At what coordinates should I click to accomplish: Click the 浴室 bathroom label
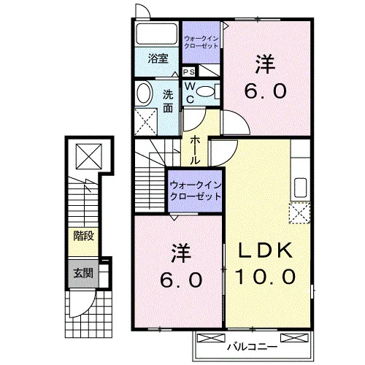158,58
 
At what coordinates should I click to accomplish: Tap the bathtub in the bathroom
157,34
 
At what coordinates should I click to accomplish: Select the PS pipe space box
189,72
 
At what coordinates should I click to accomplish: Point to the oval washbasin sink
144,93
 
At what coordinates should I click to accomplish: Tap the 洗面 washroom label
168,101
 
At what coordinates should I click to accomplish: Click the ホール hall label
195,150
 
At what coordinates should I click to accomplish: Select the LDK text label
265,250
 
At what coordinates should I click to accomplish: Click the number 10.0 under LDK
265,277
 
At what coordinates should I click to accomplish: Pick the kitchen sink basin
300,188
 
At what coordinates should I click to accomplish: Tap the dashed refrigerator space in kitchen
299,213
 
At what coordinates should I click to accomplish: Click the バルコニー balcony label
252,347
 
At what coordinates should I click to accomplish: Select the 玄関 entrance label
83,273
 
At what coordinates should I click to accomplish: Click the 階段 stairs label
83,236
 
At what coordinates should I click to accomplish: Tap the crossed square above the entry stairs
89,156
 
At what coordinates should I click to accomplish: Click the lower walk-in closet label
196,191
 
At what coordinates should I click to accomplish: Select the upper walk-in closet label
201,42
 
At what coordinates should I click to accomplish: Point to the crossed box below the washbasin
146,122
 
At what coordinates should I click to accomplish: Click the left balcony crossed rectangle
211,338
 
